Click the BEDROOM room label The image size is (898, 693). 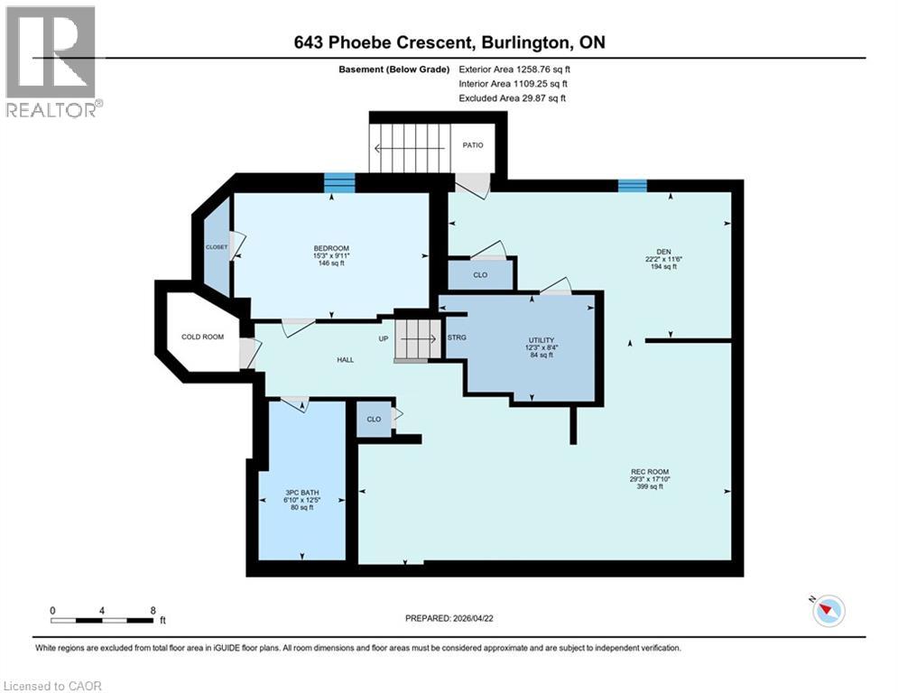[x=331, y=248]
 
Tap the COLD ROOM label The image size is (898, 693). [x=203, y=337]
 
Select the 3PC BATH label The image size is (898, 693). [x=301, y=493]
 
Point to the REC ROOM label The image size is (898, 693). [x=650, y=472]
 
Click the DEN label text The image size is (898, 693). [x=663, y=252]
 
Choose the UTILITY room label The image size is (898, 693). [x=542, y=340]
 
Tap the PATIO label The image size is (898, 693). [x=473, y=145]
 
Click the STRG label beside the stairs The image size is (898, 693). [x=457, y=337]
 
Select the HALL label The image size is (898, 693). [x=346, y=360]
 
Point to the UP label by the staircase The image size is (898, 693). [x=384, y=338]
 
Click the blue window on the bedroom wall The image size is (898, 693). [x=339, y=182]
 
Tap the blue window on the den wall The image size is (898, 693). [x=633, y=186]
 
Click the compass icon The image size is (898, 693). [x=829, y=611]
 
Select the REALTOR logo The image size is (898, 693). [x=51, y=61]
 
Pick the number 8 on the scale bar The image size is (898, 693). [x=153, y=611]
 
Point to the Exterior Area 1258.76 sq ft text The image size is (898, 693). [x=514, y=69]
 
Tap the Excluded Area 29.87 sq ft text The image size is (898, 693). [x=512, y=98]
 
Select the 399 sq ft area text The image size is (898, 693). [x=650, y=487]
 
